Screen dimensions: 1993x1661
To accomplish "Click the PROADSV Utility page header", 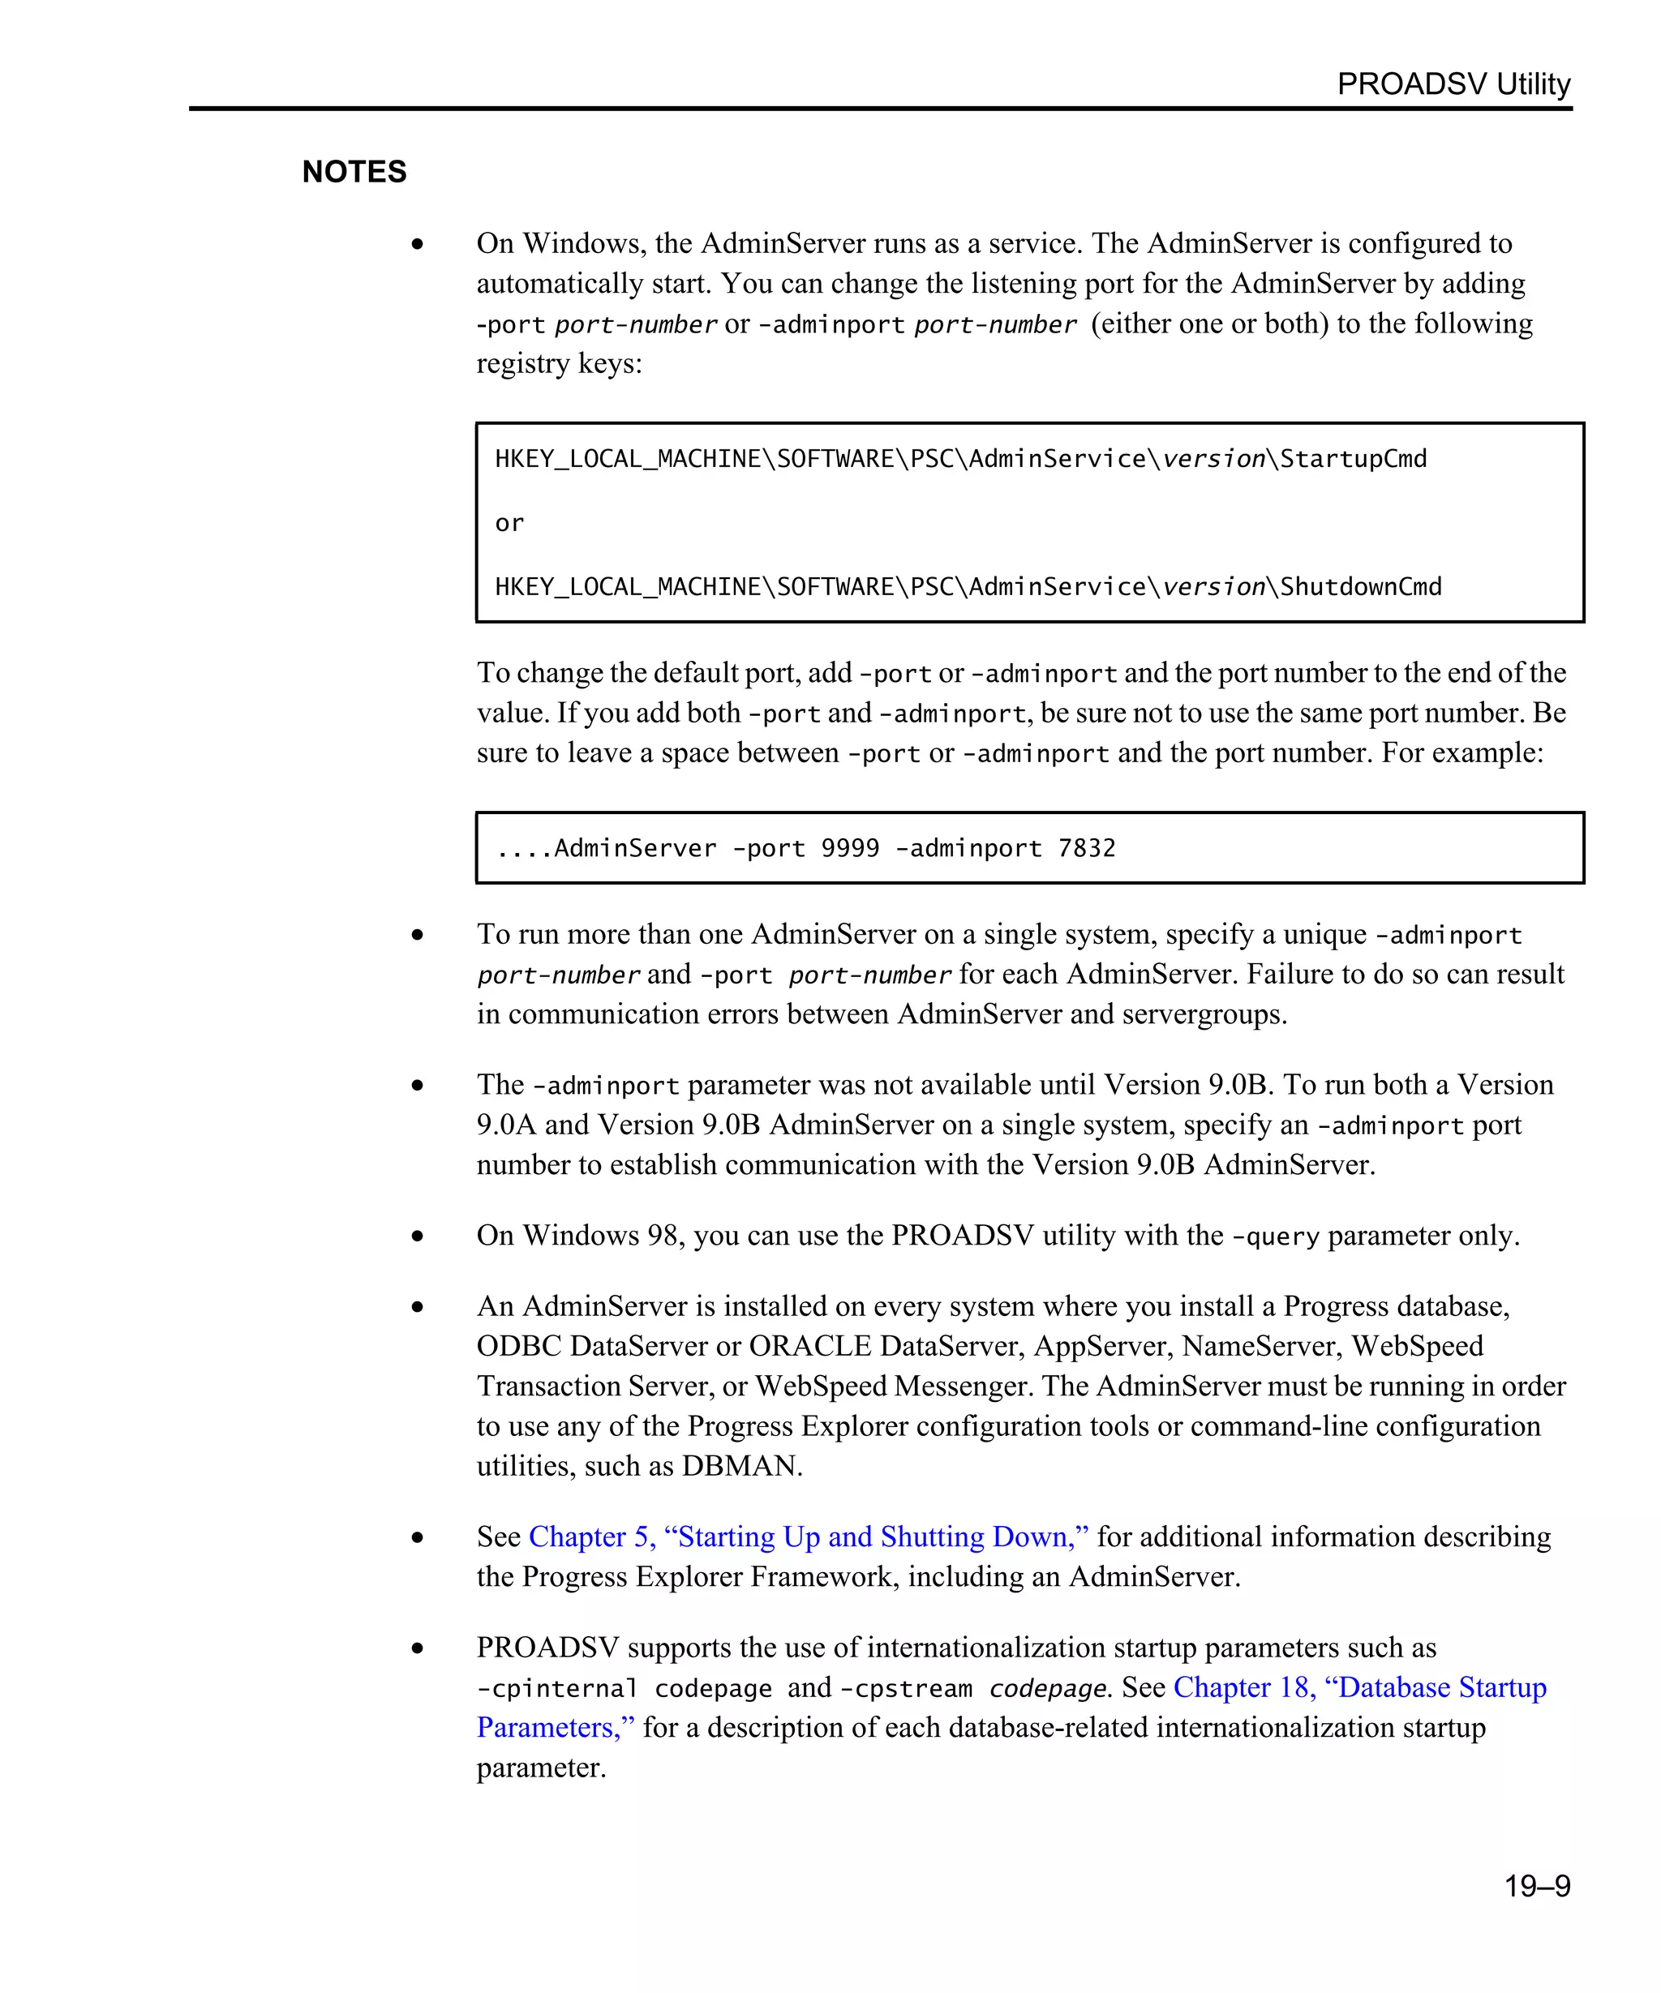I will tap(1453, 84).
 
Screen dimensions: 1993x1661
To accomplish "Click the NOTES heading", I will tap(354, 172).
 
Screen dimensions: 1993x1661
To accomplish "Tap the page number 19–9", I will tap(1537, 1886).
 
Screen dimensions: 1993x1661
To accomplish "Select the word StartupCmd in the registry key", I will tap(1353, 460).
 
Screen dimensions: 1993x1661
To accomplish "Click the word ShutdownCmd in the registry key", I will tap(1360, 588).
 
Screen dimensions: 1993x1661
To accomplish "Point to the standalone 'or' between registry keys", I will tap(509, 524).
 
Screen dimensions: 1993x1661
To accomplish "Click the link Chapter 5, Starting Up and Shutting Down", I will tap(809, 1537).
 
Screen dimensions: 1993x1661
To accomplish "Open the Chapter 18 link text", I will tap(1359, 1687).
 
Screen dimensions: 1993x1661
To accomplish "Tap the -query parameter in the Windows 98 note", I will tap(1275, 1237).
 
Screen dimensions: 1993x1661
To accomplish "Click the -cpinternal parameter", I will tap(557, 1689).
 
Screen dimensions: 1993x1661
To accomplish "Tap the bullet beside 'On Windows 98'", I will tap(418, 1236).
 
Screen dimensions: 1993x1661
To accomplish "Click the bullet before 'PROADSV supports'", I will tap(418, 1648).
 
